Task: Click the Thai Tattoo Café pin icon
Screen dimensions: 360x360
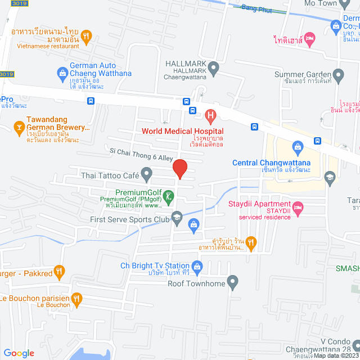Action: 146,176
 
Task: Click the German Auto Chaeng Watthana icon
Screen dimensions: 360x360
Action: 62,73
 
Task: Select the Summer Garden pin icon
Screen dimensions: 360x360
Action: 338,74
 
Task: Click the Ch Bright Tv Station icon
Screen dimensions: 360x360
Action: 196,265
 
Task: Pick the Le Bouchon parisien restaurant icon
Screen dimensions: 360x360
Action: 76,298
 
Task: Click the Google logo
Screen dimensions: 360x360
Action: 19,353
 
